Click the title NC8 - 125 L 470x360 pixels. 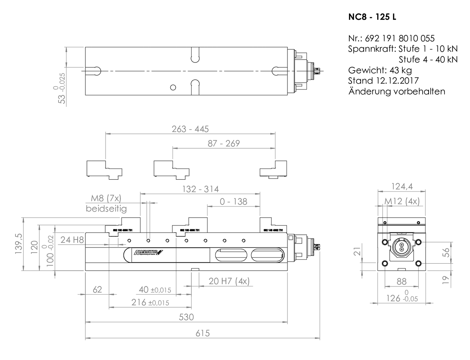point(372,17)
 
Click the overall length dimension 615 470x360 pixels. point(202,333)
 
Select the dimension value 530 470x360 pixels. point(186,317)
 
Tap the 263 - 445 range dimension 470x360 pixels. point(190,129)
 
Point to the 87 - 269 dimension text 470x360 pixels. point(224,143)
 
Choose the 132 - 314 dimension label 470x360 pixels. point(200,189)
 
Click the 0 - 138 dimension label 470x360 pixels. point(234,201)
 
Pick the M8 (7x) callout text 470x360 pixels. point(106,198)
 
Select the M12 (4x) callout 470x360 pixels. point(402,201)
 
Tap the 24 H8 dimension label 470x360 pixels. point(72,240)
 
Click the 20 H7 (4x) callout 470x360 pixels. point(229,281)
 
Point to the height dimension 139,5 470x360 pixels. point(19,244)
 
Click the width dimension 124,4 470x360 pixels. point(402,186)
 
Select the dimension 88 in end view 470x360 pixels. point(401,281)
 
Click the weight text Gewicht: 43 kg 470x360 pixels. point(380,70)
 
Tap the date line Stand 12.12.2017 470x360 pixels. point(383,80)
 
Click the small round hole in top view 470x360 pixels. point(173,87)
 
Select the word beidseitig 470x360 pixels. point(106,209)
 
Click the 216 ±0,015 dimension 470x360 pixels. point(150,302)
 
